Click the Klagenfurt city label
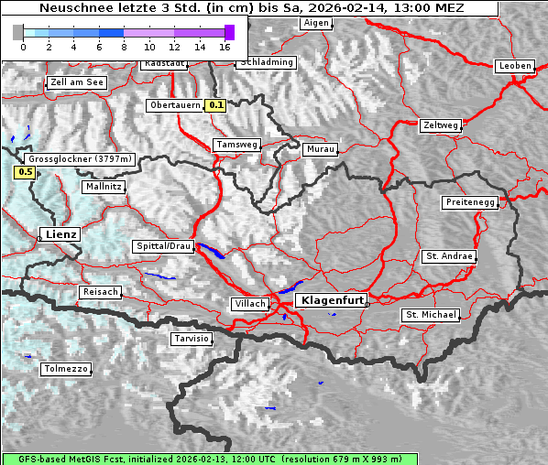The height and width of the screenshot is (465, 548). click(334, 299)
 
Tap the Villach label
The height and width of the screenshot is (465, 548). click(250, 303)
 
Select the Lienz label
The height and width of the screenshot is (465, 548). click(60, 234)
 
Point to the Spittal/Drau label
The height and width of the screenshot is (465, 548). click(163, 246)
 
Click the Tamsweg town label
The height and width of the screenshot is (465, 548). click(236, 145)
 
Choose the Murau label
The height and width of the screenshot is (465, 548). click(321, 148)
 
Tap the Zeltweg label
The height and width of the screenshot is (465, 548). click(440, 124)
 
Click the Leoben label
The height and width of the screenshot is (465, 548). click(514, 66)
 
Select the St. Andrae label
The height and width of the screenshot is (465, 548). click(448, 256)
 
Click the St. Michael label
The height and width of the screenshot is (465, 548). click(431, 315)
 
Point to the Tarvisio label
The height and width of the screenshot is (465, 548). click(192, 339)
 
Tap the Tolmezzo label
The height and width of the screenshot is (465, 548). click(66, 369)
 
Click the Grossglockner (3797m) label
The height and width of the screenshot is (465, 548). click(80, 158)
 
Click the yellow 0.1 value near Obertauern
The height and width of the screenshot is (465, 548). click(215, 105)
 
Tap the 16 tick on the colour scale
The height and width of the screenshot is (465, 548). click(225, 46)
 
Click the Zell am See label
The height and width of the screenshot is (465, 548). click(77, 82)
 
